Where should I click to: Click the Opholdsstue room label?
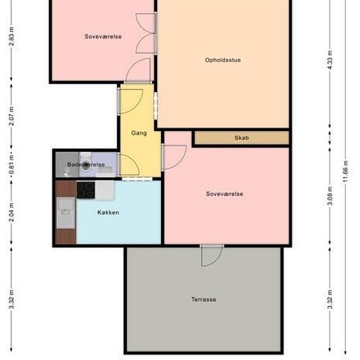point(223,60)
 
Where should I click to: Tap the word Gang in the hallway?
point(139,133)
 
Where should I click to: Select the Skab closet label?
point(242,137)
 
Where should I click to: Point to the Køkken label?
point(108,212)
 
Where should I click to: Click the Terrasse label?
point(204,299)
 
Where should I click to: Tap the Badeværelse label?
point(86,164)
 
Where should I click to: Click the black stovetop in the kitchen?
point(86,190)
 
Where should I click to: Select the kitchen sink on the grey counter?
point(66,213)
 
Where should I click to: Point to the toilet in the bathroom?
point(86,162)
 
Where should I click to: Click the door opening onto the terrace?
point(211,255)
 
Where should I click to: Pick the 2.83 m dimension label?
point(11,37)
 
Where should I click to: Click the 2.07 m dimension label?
point(11,116)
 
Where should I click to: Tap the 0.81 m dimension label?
point(11,165)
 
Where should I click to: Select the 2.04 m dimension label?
point(11,212)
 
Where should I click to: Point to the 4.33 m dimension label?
point(330,60)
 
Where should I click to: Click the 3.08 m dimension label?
point(330,196)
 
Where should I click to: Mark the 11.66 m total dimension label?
point(346,171)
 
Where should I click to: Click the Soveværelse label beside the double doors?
point(103,37)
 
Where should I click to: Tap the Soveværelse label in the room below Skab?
point(225,194)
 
